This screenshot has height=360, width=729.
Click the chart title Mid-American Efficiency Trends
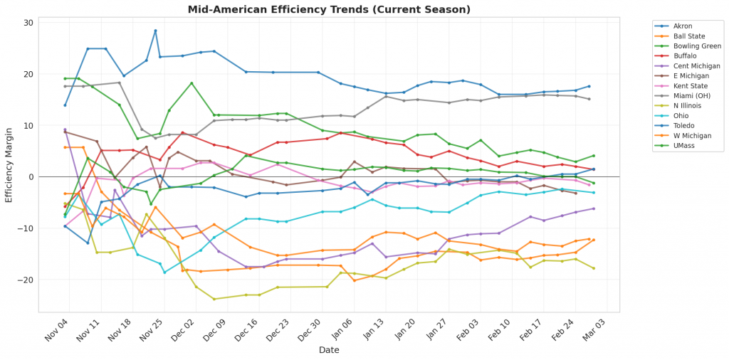328,9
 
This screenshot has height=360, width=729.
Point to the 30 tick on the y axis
28,23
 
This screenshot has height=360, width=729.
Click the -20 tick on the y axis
26,280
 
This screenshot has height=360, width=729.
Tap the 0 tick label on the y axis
31,177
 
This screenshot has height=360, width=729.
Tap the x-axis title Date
328,350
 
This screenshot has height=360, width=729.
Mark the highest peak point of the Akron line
155,31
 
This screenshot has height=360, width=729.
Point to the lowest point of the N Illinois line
214,299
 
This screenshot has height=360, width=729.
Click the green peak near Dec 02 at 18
192,83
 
